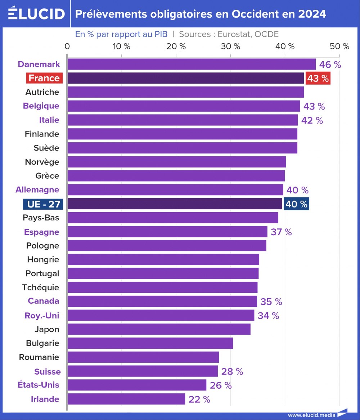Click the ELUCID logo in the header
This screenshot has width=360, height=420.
(x=36, y=13)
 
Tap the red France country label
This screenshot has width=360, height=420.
(x=44, y=78)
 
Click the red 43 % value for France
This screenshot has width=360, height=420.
(x=318, y=78)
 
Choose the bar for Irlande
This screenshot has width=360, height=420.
(x=126, y=399)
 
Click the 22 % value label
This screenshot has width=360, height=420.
(x=199, y=399)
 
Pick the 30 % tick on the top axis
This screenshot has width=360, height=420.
(x=230, y=46)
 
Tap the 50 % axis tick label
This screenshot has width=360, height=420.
(x=339, y=46)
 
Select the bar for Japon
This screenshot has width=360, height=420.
(x=159, y=329)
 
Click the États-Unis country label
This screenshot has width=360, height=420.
(x=39, y=385)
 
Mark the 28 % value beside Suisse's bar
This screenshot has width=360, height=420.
(x=232, y=372)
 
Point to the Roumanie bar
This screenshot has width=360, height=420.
(x=143, y=357)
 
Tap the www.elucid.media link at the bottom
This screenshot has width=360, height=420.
(x=311, y=415)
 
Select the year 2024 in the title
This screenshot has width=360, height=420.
(x=312, y=14)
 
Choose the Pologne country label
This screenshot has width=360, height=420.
(x=42, y=246)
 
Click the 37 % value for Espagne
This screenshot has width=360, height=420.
(x=281, y=232)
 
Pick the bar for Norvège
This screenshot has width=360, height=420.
(x=176, y=162)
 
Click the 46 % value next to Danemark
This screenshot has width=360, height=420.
(x=330, y=65)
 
